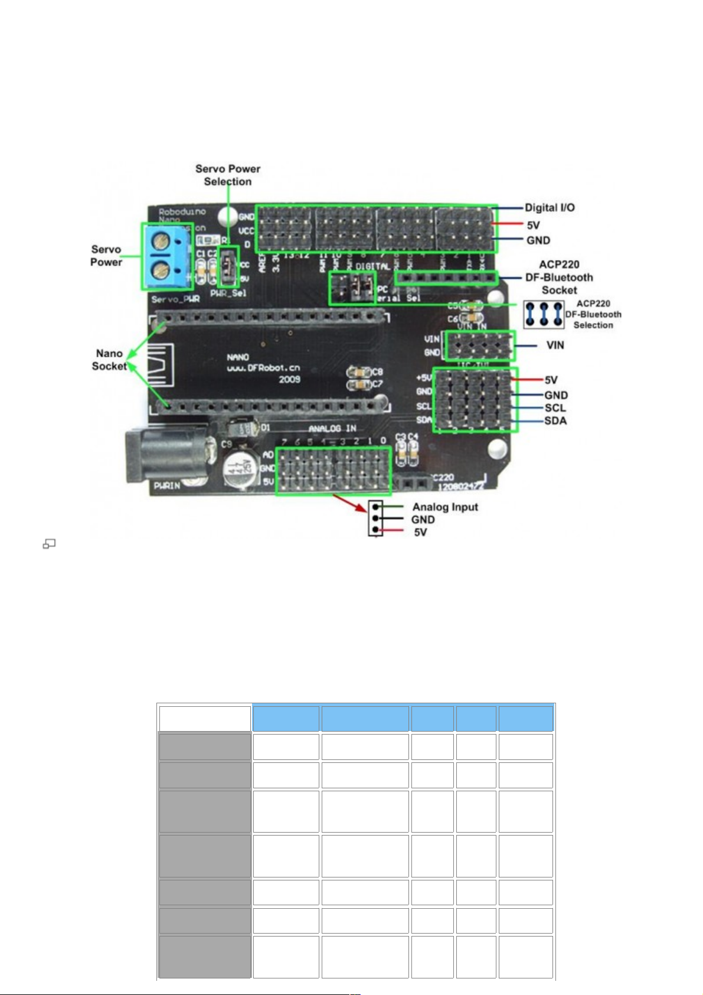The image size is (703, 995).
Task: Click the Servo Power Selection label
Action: tap(228, 175)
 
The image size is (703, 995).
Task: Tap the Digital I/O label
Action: tap(550, 208)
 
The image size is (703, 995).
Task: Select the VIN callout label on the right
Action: tap(555, 345)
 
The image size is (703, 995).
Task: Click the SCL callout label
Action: tap(555, 408)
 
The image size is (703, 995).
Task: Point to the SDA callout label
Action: tap(555, 421)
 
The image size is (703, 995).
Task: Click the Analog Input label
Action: tap(445, 507)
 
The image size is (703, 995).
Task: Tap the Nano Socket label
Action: tap(109, 360)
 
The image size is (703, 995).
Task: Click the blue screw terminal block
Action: tap(166, 256)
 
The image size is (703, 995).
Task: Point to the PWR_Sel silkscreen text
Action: tap(228, 293)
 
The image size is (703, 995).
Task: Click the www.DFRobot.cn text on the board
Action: tap(263, 368)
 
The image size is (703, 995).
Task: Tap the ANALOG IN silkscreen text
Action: tap(332, 429)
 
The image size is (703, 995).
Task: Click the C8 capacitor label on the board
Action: tap(377, 372)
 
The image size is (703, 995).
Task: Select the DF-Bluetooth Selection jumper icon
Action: tap(544, 314)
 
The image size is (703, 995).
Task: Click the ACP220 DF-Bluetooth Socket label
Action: tap(559, 278)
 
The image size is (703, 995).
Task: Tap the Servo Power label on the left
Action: tap(106, 256)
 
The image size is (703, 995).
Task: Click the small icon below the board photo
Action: tap(49, 544)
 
